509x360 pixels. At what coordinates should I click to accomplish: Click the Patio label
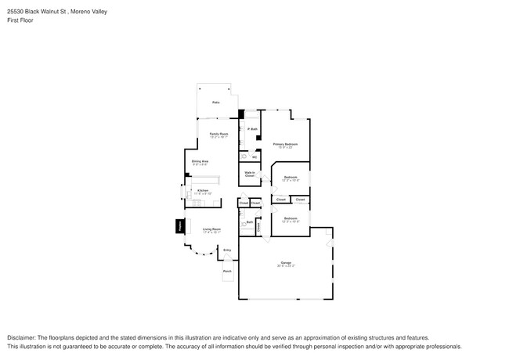[x=215, y=103]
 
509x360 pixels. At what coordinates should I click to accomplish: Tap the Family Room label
[x=218, y=135]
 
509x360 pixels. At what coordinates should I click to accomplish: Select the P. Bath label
[x=253, y=128]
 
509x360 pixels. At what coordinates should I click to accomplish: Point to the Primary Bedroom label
[x=285, y=145]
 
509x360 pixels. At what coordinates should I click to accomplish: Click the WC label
[x=255, y=157]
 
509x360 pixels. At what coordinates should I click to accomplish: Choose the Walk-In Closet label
[x=250, y=175]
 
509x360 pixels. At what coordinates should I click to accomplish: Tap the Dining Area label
[x=200, y=162]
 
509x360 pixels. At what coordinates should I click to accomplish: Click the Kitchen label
[x=202, y=191]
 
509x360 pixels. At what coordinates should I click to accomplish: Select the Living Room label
[x=211, y=230]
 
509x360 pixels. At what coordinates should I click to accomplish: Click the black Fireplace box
[x=179, y=226]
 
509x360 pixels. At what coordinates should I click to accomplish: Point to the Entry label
[x=227, y=250]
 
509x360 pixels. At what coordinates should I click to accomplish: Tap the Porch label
[x=227, y=272]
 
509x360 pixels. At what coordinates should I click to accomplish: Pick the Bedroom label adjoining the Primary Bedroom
[x=291, y=177]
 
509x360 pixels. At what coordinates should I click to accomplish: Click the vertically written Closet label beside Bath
[x=258, y=226]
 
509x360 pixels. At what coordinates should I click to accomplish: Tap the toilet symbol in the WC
[x=244, y=156]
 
